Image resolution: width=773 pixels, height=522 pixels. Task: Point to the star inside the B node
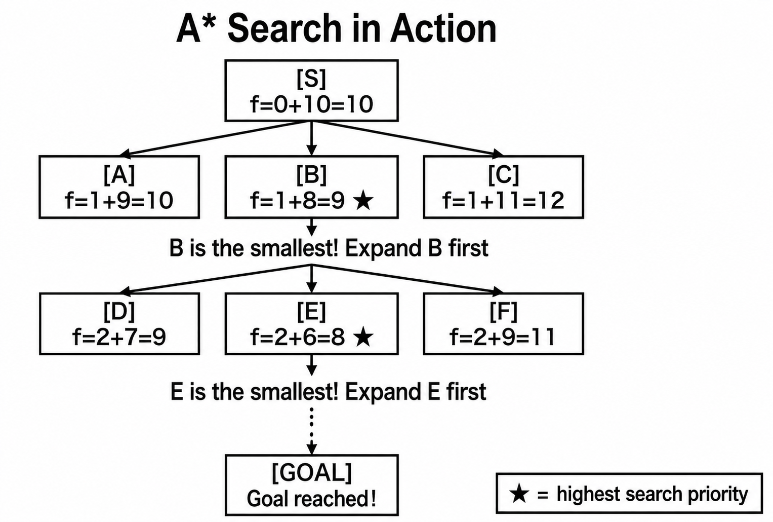click(363, 201)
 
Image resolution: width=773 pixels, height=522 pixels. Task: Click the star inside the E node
click(363, 337)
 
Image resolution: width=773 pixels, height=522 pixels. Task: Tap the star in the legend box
click(519, 493)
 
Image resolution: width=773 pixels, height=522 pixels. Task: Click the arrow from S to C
click(407, 137)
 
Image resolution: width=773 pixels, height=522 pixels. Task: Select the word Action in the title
click(443, 29)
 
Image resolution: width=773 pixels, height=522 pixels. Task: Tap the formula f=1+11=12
click(504, 200)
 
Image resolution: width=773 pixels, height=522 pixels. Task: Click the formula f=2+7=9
click(119, 337)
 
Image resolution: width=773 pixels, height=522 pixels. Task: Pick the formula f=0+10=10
click(312, 104)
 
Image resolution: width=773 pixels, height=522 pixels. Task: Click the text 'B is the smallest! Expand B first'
click(329, 248)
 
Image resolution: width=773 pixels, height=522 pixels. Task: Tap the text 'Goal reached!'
click(312, 499)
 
